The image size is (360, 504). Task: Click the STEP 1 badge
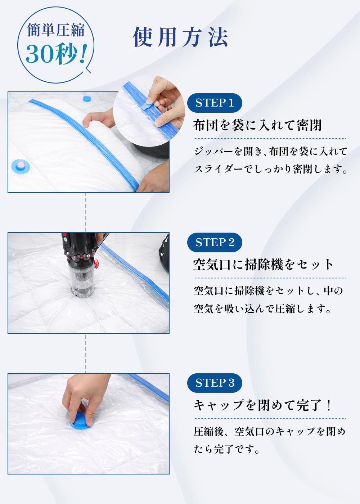215,103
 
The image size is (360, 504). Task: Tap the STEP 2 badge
215,242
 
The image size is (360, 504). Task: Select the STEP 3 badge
215,383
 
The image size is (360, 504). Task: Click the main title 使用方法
180,37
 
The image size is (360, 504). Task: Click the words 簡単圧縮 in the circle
56,30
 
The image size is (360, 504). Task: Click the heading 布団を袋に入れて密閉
257,125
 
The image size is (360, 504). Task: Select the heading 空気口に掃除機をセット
263,265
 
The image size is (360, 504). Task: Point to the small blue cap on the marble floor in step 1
87,99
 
